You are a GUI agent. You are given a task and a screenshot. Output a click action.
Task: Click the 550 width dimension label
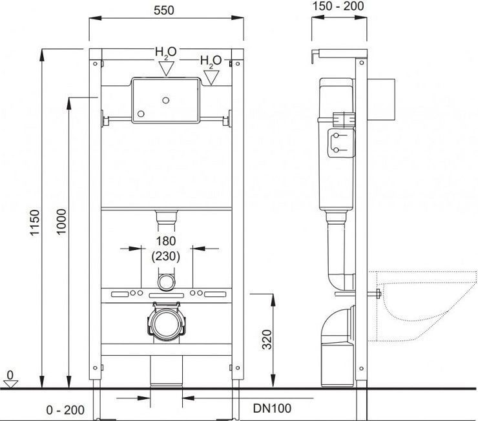[x=163, y=10]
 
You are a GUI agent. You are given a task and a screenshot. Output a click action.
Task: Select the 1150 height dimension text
[x=35, y=222]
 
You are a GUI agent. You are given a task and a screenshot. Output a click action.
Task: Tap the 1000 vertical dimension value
[x=61, y=221]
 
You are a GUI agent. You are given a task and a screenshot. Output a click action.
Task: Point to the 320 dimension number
[x=267, y=340]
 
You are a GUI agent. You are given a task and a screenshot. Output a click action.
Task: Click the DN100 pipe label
[x=272, y=408]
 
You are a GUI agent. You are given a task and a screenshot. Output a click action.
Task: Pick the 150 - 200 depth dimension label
[x=338, y=6]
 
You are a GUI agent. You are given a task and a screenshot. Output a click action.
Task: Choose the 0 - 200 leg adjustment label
[x=65, y=410]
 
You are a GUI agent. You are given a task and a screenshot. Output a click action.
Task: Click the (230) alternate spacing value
[x=166, y=256]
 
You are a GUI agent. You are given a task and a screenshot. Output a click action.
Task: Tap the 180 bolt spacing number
[x=166, y=241]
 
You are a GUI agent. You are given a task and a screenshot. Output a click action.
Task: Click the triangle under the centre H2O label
[x=167, y=68]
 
